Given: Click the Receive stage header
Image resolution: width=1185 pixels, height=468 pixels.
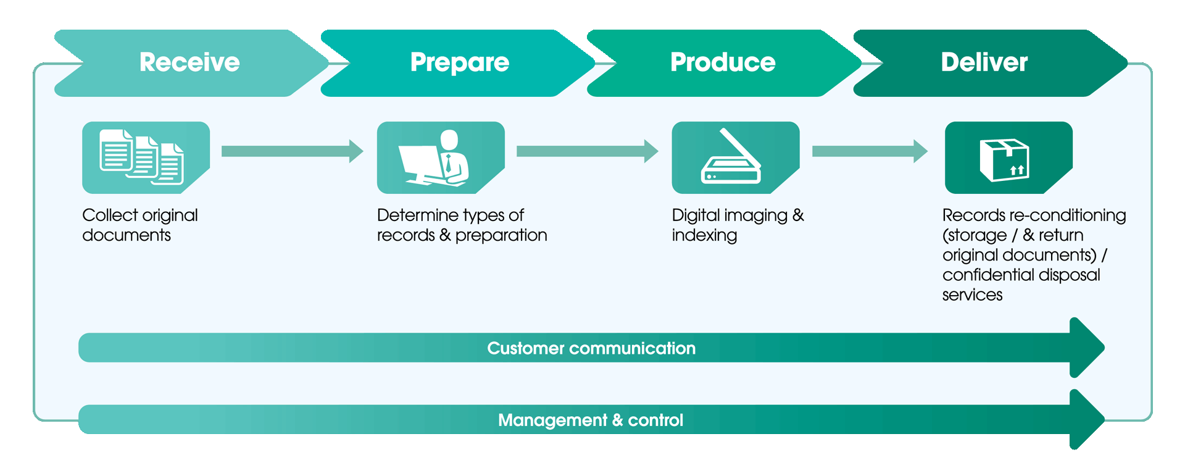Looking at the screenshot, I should coord(189,62).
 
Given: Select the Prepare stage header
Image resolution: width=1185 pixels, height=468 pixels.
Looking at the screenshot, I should coord(459,62).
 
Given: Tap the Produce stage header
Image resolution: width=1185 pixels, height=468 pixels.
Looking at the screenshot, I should coord(723,62).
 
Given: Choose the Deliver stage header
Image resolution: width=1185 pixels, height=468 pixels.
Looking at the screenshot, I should coord(984,62).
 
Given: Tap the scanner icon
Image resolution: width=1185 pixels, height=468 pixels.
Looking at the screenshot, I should coord(732,157).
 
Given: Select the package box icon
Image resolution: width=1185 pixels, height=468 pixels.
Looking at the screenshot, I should coord(1005,159).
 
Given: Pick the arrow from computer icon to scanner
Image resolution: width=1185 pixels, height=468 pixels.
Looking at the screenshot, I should coord(587,151).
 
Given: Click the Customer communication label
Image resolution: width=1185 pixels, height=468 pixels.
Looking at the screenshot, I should coord(591,348).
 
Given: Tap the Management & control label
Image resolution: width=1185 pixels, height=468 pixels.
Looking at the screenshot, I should coord(591,420).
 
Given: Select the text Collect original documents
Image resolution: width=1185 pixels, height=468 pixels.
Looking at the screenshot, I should coord(140,225).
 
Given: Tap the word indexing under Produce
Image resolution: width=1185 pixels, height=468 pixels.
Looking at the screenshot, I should coord(704,235).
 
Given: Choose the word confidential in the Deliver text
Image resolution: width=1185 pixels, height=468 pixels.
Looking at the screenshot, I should coord(986,275).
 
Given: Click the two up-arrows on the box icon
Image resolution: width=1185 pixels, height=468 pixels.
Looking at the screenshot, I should coord(1017,170).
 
